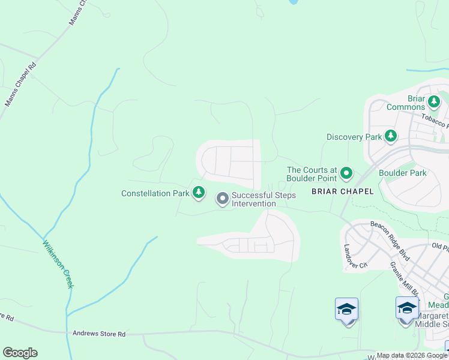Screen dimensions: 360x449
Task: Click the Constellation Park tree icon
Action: click(x=199, y=193)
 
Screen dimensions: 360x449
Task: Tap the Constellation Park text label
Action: click(x=155, y=193)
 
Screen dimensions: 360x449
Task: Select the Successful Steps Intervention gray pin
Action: click(x=222, y=198)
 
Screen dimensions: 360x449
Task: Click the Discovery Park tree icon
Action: click(x=391, y=136)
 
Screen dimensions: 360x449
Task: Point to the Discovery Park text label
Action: click(x=354, y=137)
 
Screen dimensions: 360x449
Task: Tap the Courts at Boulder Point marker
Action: click(x=346, y=174)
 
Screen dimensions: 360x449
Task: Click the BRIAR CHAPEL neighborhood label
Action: click(x=342, y=191)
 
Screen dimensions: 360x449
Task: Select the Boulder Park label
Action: click(x=402, y=173)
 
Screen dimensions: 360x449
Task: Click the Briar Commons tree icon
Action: click(x=433, y=100)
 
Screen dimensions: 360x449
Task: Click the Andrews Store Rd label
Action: click(x=99, y=334)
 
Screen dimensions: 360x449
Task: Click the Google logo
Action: click(x=20, y=353)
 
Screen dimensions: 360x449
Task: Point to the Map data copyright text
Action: click(x=412, y=355)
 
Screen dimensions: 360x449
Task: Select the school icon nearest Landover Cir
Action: click(x=346, y=310)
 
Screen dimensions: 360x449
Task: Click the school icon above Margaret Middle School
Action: click(x=407, y=308)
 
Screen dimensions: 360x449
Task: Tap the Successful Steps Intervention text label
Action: click(x=255, y=199)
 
